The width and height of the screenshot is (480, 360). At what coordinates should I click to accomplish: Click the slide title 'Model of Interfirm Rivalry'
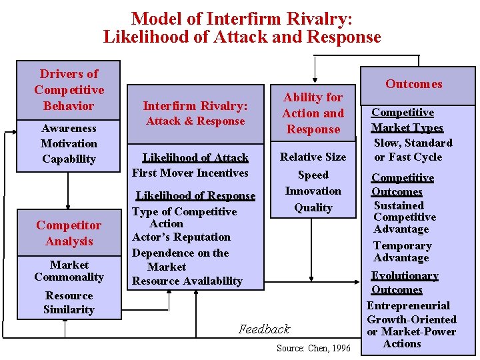(x=241, y=18)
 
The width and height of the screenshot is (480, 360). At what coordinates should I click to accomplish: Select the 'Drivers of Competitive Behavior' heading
(x=69, y=89)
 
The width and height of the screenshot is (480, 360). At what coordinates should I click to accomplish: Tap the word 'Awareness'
(x=69, y=128)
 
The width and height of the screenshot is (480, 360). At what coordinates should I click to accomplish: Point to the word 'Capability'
(x=69, y=159)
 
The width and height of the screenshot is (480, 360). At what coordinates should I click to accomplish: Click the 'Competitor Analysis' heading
(x=69, y=233)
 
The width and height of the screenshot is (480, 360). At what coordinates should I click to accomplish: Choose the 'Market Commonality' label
(x=69, y=271)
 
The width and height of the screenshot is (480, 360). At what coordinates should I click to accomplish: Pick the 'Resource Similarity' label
(x=69, y=302)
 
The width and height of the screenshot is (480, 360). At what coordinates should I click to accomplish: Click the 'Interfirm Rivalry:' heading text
(x=195, y=105)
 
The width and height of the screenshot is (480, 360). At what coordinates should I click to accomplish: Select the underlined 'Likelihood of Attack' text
(x=195, y=158)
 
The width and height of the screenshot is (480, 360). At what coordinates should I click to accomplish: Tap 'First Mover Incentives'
(x=190, y=173)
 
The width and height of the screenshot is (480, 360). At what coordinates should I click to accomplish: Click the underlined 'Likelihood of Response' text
(x=195, y=196)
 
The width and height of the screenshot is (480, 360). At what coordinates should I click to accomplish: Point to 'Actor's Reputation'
(x=181, y=237)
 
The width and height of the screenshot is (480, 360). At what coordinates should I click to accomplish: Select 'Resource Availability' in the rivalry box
(x=187, y=281)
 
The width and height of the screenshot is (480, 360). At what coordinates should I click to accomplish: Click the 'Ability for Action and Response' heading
(x=313, y=113)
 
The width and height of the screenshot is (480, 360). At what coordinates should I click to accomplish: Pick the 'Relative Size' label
(x=313, y=157)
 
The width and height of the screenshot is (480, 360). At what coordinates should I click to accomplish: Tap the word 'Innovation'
(x=313, y=191)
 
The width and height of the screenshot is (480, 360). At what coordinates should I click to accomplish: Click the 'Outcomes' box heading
(x=413, y=84)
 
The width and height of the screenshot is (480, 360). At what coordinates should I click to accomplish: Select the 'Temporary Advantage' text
(x=402, y=251)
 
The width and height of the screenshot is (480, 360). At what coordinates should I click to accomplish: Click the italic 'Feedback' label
(x=265, y=329)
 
